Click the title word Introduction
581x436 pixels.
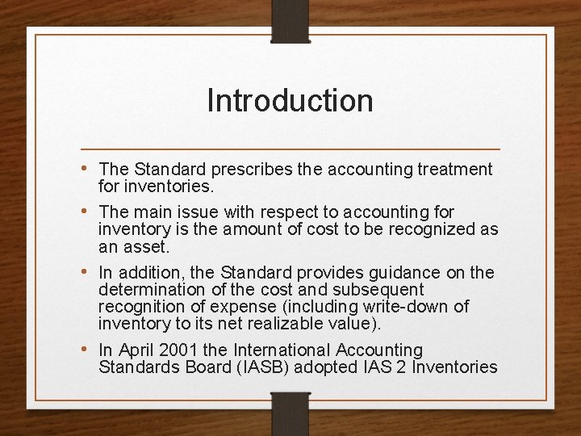click(x=290, y=101)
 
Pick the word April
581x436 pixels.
click(x=135, y=350)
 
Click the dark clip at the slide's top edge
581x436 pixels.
click(x=290, y=20)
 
